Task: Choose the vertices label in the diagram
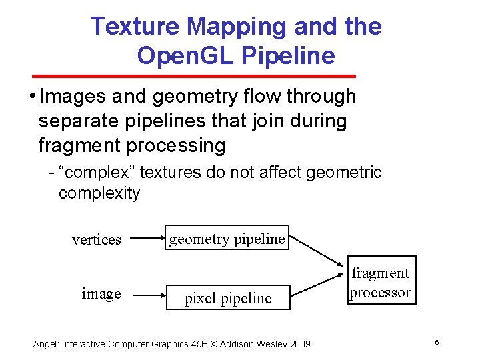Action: coord(97,239)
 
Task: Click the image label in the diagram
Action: coord(101,293)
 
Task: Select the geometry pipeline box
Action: coord(227,239)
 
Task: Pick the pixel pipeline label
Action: coord(228,298)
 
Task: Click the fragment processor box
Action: coord(380,282)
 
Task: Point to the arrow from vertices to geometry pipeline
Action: coord(147,237)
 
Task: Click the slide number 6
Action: coord(436,342)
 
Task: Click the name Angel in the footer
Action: coord(46,344)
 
